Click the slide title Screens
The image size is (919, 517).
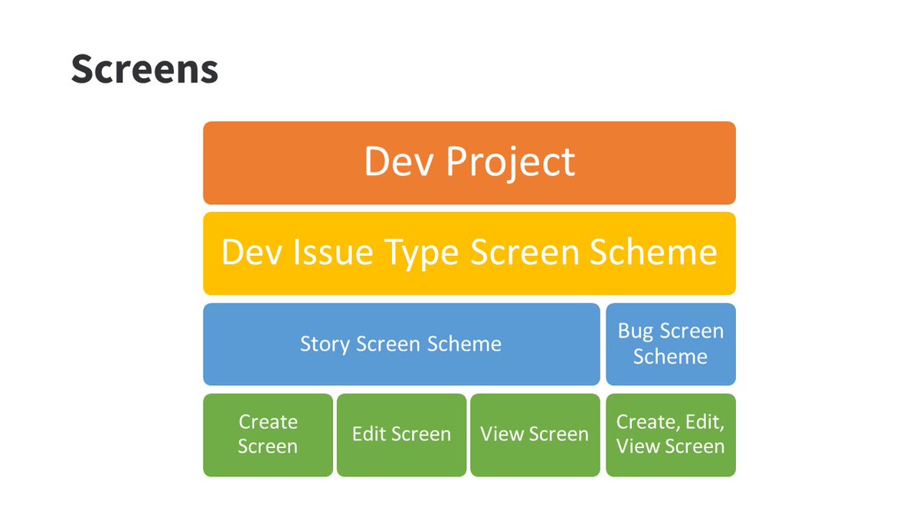[x=145, y=70]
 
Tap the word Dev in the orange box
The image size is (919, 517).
[x=398, y=162]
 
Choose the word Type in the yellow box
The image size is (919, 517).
[x=425, y=254]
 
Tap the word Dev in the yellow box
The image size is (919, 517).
[x=249, y=253]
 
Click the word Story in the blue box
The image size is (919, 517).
[x=325, y=344]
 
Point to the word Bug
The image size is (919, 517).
[x=636, y=332]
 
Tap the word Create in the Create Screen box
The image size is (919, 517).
[x=268, y=422]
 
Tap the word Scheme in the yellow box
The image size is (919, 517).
[x=662, y=253]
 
